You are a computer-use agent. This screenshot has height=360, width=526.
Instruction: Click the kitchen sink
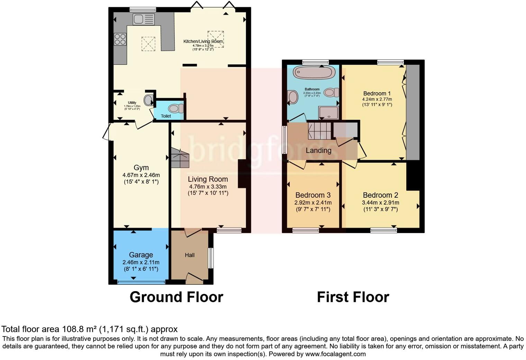pos(144,19)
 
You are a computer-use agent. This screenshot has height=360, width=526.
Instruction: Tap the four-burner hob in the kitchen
pos(120,39)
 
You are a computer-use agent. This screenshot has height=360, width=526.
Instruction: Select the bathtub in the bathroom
pos(314,72)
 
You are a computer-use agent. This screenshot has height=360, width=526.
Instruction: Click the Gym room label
pos(141,168)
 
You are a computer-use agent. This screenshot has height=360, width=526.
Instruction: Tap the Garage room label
pos(141,255)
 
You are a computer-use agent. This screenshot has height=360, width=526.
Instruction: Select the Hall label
pos(190,255)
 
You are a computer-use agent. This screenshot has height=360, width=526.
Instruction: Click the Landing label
pos(318,151)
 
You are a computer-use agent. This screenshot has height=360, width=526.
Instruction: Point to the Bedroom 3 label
pos(313,195)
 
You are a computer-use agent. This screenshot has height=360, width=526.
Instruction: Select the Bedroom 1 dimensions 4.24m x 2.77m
pos(377,99)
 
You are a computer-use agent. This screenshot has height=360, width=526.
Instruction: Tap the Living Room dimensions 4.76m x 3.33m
pos(208,187)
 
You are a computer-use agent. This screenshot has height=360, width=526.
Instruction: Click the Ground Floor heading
pos(176,297)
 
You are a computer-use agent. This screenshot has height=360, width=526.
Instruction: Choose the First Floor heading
pos(353,297)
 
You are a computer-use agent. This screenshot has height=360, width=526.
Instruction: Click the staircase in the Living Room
pos(180,158)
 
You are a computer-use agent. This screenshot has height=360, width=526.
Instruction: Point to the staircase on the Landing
pos(319,129)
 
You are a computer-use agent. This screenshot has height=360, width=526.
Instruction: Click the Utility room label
pos(132,102)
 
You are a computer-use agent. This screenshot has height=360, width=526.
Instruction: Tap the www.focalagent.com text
pos(335,354)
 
